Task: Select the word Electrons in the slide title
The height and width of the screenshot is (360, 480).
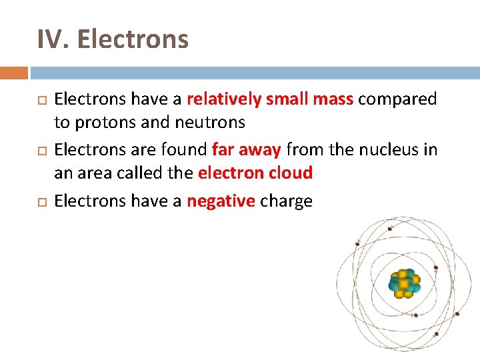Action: pos(133,39)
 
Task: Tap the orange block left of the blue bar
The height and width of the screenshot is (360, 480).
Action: pos(14,73)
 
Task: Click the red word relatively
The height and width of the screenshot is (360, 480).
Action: pos(224,99)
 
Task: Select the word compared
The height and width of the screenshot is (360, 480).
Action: pos(397,99)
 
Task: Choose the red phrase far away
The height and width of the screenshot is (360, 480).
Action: pos(246,150)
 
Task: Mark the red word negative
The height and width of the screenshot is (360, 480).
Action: pos(221,201)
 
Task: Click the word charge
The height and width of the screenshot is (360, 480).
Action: pos(286,201)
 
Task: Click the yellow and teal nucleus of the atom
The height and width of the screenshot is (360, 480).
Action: pos(404,284)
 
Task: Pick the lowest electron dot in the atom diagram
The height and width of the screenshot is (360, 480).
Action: pos(437,333)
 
